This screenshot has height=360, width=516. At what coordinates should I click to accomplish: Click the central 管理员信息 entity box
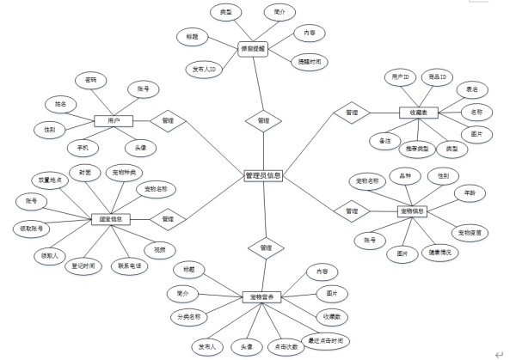(x=262, y=176)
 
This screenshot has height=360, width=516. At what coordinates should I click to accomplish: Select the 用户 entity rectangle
(x=113, y=121)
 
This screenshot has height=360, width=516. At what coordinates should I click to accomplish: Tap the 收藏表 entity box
(x=419, y=113)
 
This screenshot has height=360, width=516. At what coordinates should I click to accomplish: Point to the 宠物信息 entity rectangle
(x=414, y=211)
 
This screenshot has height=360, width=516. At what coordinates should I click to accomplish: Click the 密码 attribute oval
(x=90, y=80)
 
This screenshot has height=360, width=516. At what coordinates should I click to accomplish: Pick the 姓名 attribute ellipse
(x=60, y=104)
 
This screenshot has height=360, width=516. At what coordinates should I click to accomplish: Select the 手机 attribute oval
(x=83, y=146)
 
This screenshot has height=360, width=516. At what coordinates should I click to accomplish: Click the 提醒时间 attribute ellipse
(x=310, y=61)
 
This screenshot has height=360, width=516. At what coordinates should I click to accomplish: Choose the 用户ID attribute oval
(x=400, y=77)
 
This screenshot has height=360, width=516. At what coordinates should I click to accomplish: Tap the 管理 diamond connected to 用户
(x=168, y=121)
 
